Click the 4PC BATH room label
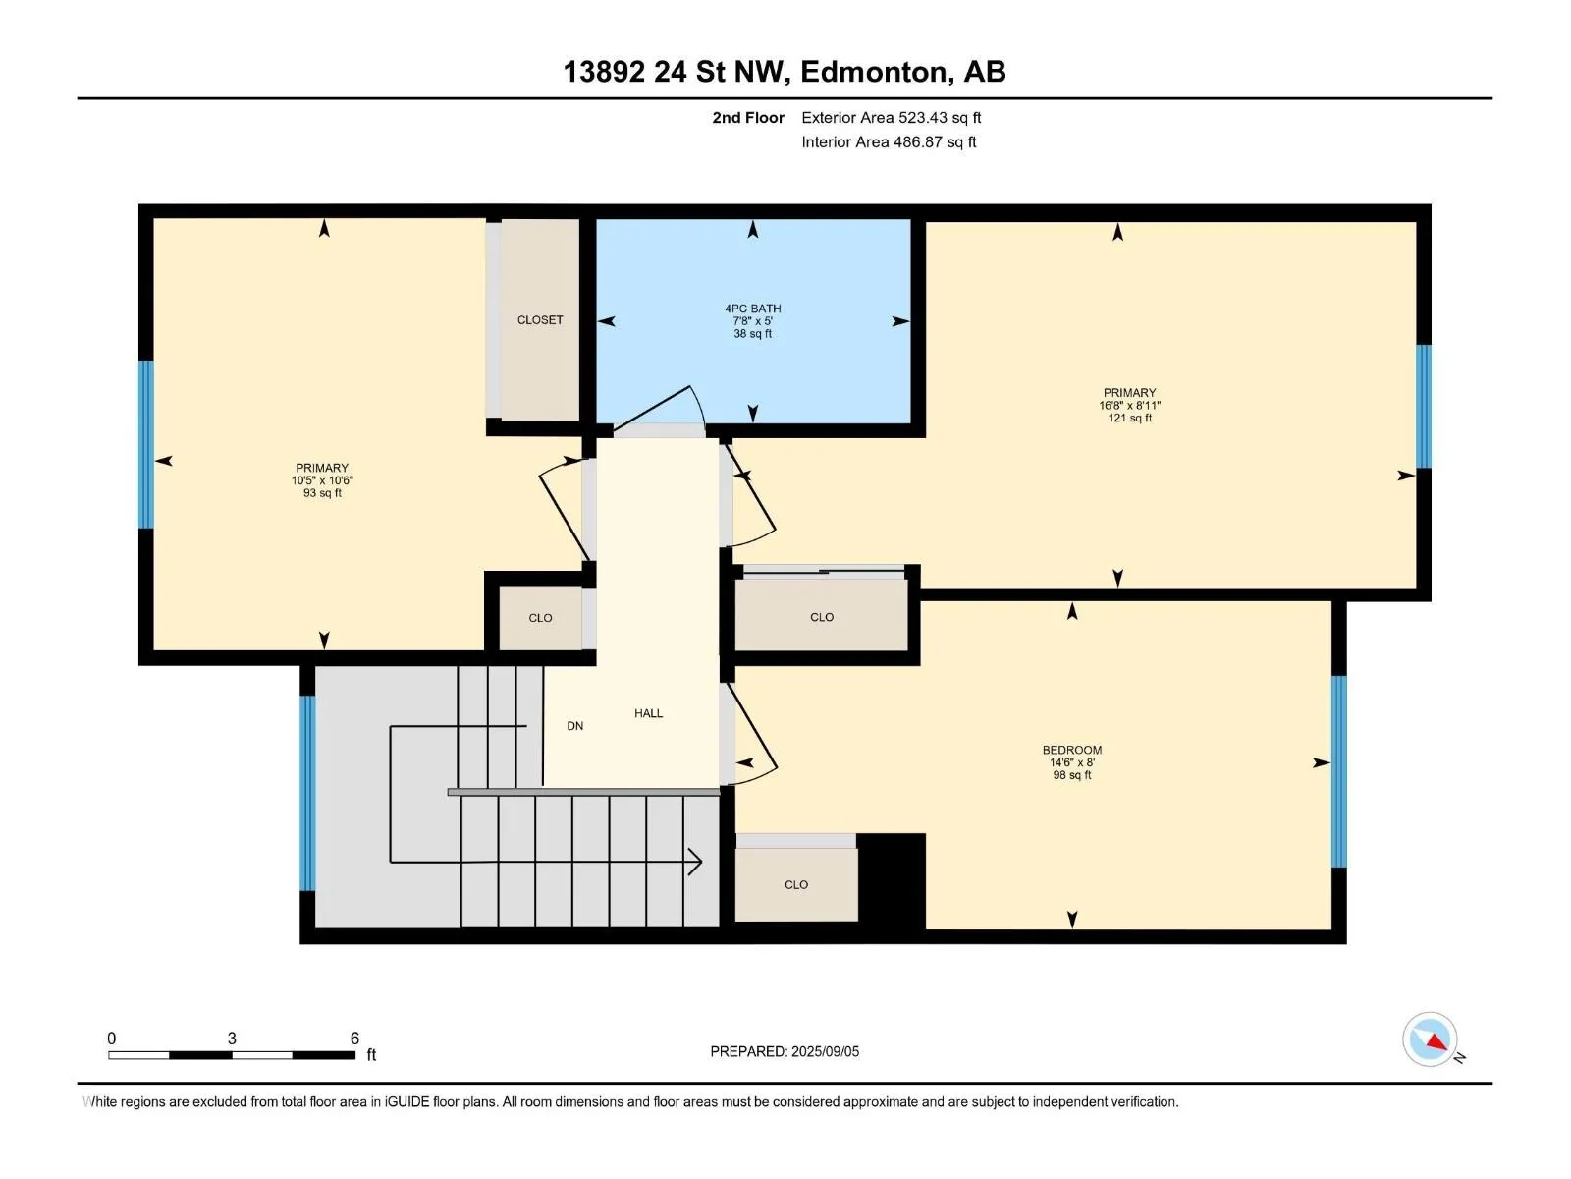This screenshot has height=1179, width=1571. [x=752, y=309]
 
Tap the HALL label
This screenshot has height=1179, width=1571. [x=648, y=713]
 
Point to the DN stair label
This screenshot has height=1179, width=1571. [x=574, y=726]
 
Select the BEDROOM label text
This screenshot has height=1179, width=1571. [x=1071, y=750]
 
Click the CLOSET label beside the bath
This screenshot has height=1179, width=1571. [x=540, y=320]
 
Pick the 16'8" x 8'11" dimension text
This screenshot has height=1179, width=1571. [x=1129, y=405]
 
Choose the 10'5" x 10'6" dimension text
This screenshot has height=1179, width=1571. [x=322, y=480]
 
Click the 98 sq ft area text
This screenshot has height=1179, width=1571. [x=1071, y=774]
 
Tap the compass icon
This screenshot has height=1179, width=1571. [x=1430, y=1039]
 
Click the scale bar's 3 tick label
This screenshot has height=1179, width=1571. [x=232, y=1038]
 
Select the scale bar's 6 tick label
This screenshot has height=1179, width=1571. [x=354, y=1038]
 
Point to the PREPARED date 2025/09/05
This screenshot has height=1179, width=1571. [x=825, y=1051]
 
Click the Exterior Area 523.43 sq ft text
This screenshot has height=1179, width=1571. [x=892, y=117]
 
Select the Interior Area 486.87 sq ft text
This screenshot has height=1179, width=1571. [x=889, y=141]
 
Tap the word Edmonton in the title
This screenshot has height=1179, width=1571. [x=877, y=72]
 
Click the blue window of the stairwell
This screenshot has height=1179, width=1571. [x=307, y=793]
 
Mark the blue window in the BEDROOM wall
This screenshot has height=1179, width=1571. [x=1338, y=771]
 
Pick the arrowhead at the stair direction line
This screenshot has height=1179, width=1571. [x=695, y=862]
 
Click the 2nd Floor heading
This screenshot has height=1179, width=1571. [x=748, y=117]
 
